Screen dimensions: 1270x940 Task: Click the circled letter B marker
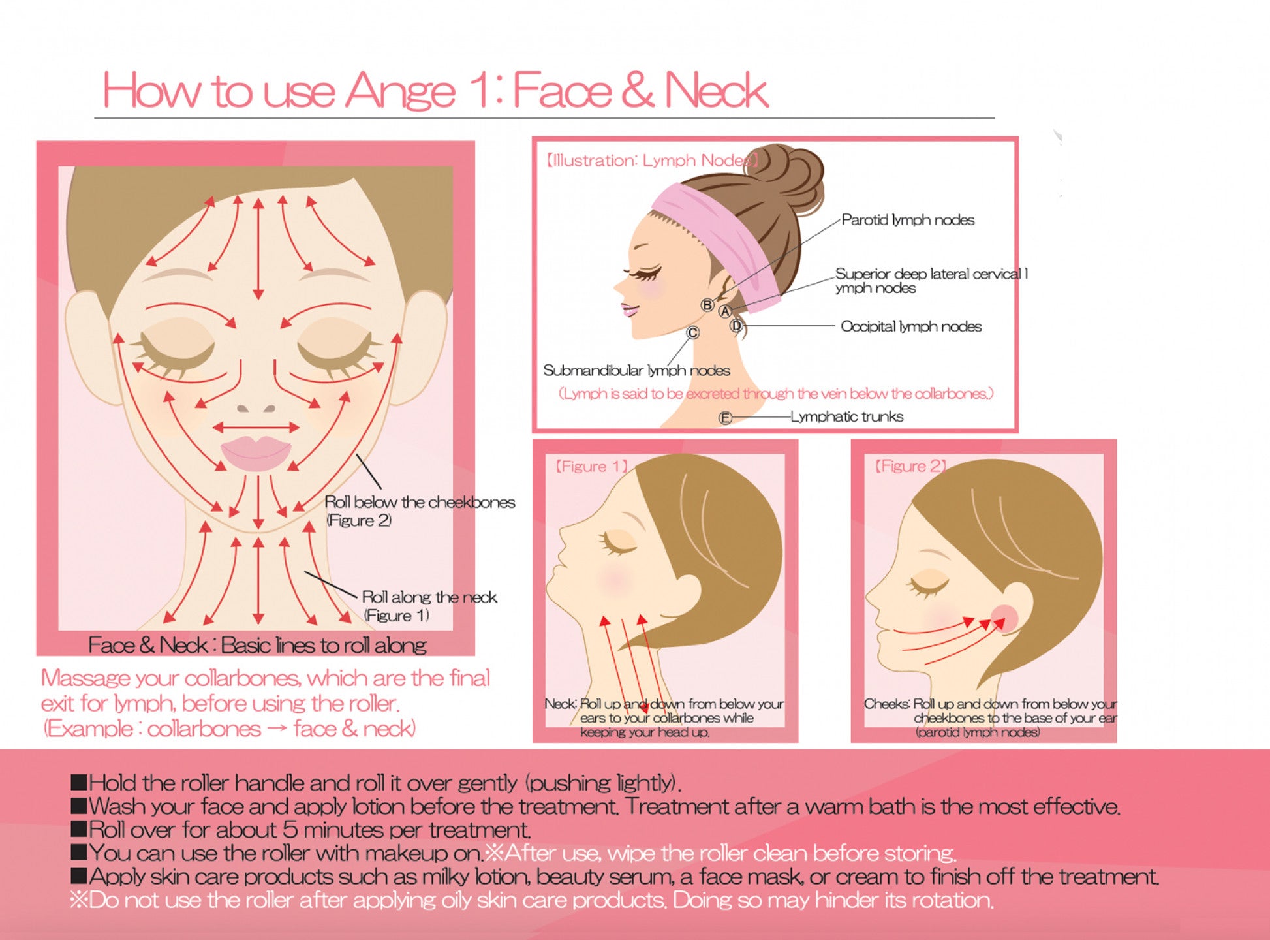coord(707,305)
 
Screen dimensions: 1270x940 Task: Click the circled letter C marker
coord(692,333)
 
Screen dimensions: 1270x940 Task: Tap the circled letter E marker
coord(724,418)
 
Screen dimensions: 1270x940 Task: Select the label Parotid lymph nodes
coord(908,220)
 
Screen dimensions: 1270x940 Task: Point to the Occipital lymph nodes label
coord(911,326)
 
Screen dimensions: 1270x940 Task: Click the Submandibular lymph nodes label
coord(636,371)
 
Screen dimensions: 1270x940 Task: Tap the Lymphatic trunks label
coord(846,416)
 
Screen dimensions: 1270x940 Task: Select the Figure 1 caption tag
coord(591,466)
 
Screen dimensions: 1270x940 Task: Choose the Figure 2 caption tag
coord(910,466)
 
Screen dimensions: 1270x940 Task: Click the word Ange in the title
coord(399,91)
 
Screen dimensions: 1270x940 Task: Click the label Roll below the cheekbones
coord(420,502)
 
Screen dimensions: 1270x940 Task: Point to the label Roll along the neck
coord(429,597)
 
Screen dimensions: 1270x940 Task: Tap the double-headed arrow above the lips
coord(256,428)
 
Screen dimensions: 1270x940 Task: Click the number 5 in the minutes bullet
coord(290,830)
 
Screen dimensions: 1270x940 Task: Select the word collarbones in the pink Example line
coord(204,728)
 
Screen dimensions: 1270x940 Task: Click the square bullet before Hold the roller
coord(79,782)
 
